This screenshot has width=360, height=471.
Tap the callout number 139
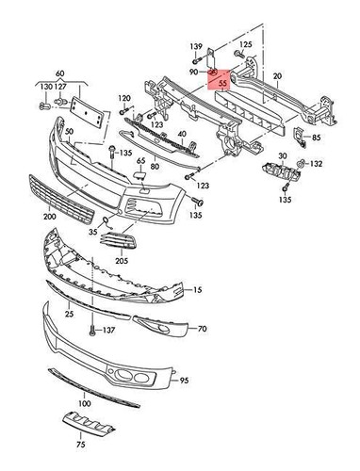(x=196, y=45)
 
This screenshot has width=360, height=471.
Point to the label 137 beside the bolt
(x=108, y=331)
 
